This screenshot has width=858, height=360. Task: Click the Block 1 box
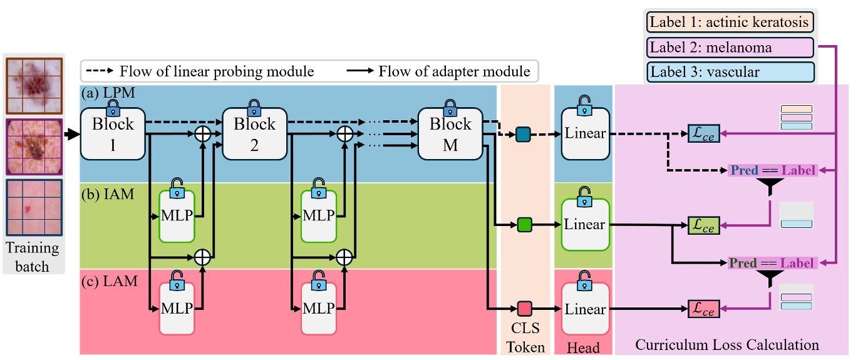click(113, 133)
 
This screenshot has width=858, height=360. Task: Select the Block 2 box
click(254, 133)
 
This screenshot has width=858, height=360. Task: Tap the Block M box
click(450, 133)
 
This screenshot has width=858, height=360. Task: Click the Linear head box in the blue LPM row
click(585, 133)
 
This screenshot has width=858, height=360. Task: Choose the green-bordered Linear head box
click(585, 224)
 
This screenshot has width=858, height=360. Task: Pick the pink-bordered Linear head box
click(585, 309)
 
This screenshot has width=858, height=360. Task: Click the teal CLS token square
click(524, 134)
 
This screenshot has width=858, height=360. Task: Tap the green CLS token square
click(524, 224)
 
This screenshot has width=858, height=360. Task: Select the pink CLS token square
click(524, 308)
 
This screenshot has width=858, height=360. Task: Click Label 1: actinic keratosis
click(730, 23)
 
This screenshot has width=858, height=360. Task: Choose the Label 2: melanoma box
click(730, 48)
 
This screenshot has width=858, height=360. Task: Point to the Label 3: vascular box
click(730, 72)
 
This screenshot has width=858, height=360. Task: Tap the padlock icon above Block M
click(449, 105)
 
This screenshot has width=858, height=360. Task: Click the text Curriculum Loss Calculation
click(727, 344)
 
